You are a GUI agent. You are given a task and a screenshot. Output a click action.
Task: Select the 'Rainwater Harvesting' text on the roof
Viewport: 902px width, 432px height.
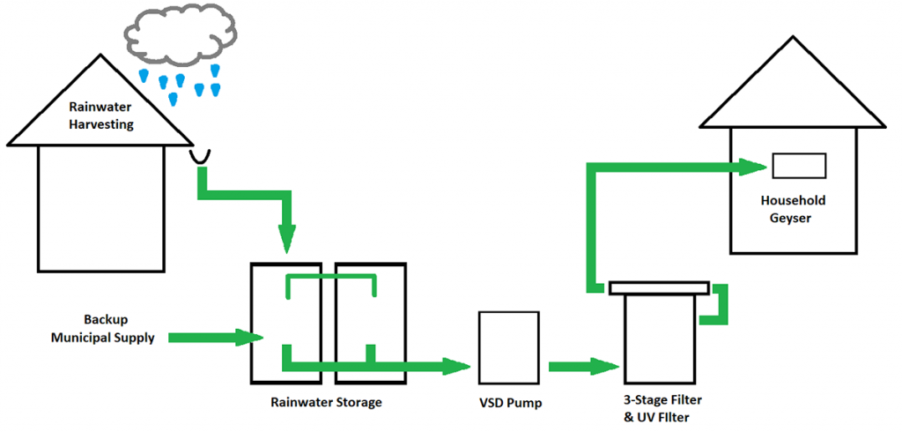click(x=100, y=116)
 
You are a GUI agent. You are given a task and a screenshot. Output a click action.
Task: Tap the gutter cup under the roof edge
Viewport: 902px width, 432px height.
click(x=199, y=156)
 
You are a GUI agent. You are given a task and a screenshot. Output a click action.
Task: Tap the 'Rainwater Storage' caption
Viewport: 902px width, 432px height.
click(x=327, y=403)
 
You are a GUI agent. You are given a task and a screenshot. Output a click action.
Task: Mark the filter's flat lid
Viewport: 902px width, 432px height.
click(x=659, y=287)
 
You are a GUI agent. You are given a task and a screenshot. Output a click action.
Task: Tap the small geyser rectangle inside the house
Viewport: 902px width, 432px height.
click(x=798, y=166)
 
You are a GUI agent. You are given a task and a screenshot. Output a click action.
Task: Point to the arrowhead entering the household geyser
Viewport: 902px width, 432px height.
click(x=751, y=167)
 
